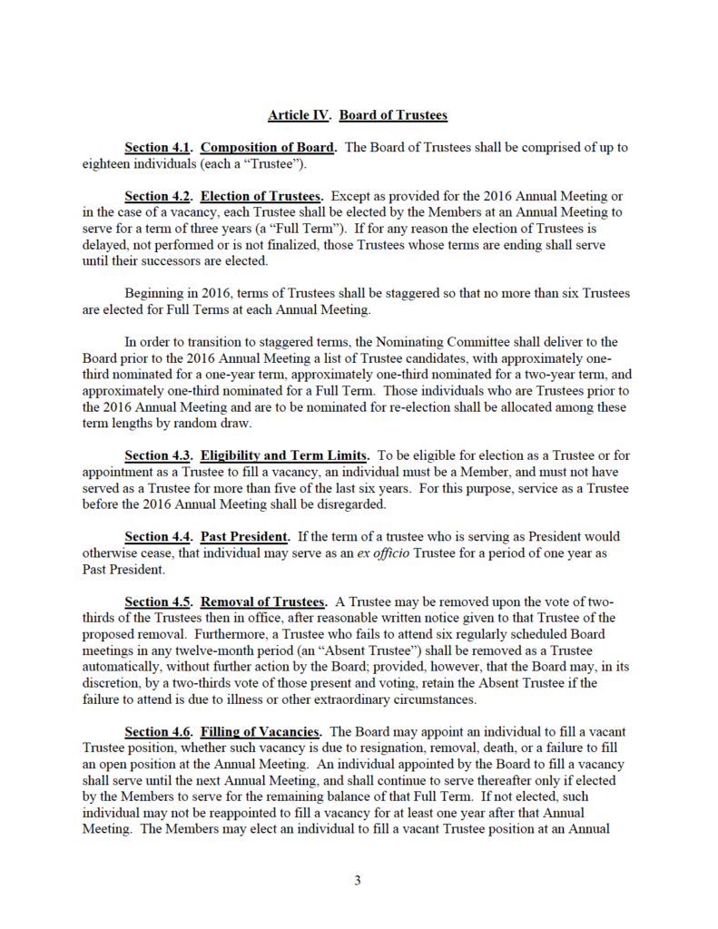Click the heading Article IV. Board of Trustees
click(x=358, y=115)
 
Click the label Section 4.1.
click(x=158, y=148)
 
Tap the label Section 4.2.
click(x=158, y=197)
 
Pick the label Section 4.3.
click(x=158, y=455)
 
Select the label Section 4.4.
click(x=158, y=536)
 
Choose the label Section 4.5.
click(x=158, y=601)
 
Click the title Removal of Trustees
click(x=263, y=601)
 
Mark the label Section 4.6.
click(x=158, y=732)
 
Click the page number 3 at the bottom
click(x=359, y=879)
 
